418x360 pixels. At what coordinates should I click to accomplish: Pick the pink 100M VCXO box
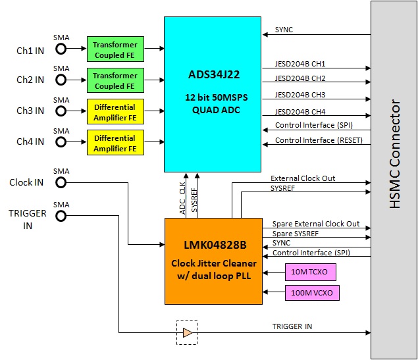tap(312, 292)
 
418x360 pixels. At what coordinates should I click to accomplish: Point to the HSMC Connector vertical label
tap(394, 154)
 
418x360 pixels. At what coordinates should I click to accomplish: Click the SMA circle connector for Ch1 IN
tap(61, 50)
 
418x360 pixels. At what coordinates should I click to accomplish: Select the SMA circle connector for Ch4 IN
tap(61, 141)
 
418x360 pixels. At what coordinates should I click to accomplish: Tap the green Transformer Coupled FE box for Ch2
tap(115, 80)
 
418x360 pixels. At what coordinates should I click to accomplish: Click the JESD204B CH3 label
tap(300, 95)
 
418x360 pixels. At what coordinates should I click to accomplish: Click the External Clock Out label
tap(303, 178)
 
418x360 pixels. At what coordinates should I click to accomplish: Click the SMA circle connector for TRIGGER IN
tap(61, 213)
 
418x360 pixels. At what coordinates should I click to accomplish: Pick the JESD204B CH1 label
tap(300, 64)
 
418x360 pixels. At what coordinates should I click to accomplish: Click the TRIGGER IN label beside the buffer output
tap(292, 326)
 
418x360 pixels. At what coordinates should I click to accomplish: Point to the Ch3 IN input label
tap(30, 111)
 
